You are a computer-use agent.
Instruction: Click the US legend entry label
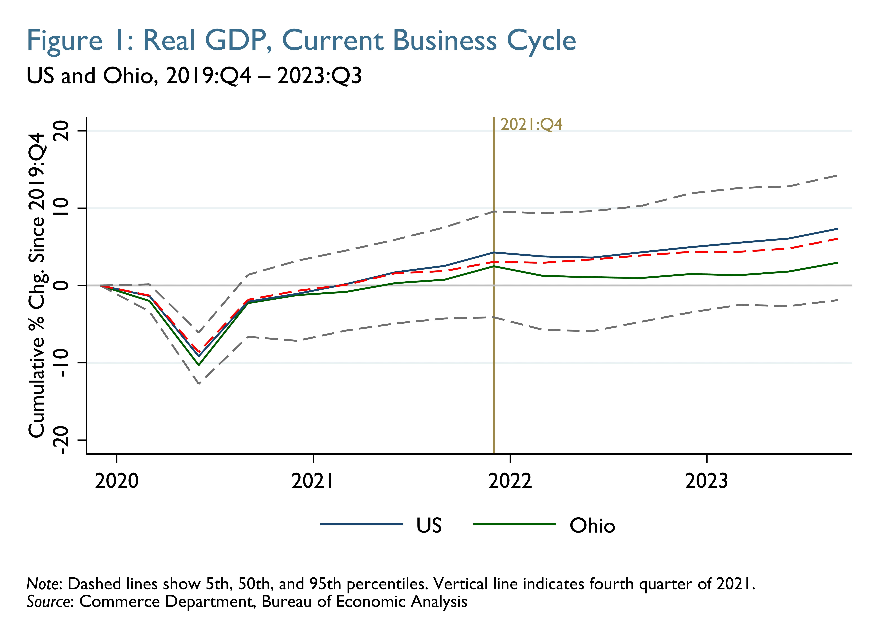[x=429, y=525]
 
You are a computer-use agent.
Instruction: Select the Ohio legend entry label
[x=592, y=525]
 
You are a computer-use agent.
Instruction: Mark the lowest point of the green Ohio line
[x=199, y=365]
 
